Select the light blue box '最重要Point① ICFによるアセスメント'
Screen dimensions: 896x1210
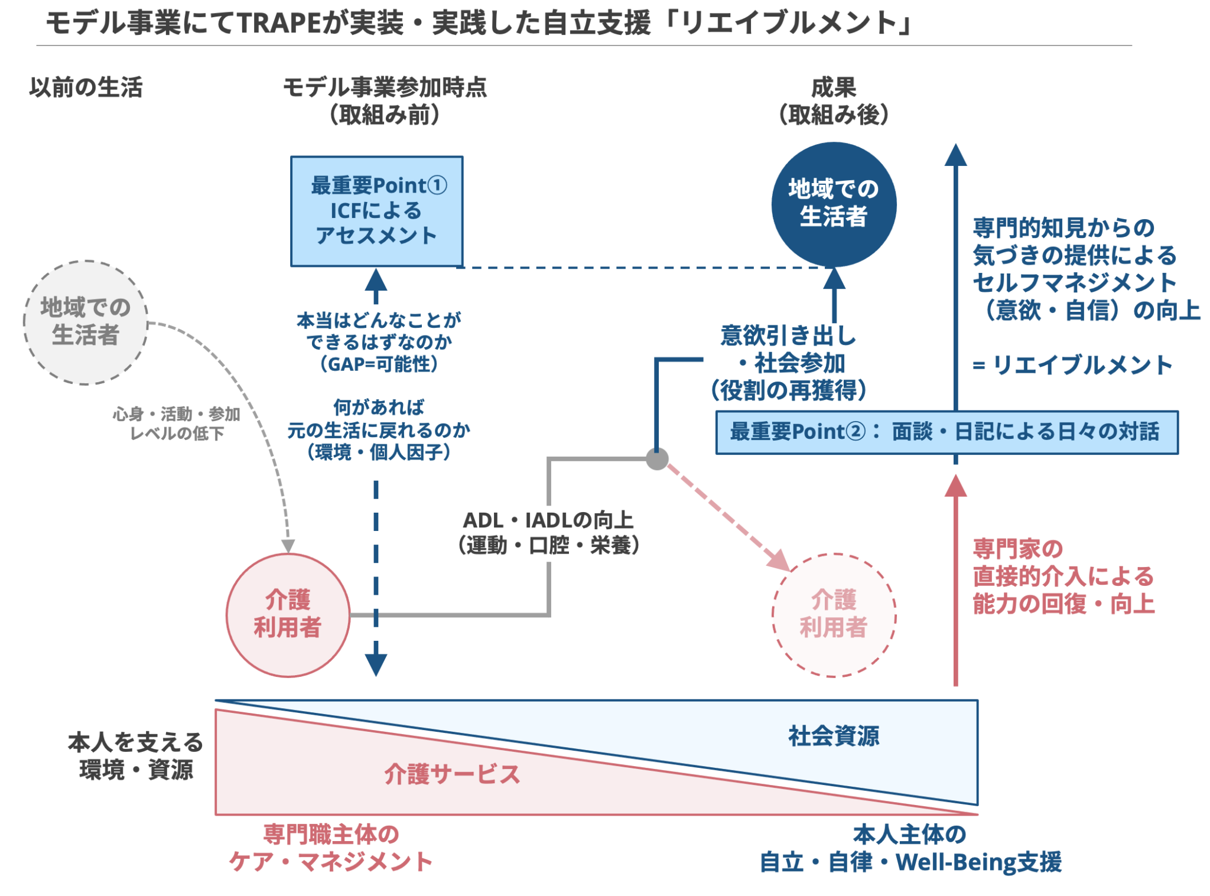click(x=376, y=211)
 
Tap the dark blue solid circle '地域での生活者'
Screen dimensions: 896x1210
click(x=833, y=204)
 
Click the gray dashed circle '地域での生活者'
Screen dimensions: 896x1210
click(x=86, y=322)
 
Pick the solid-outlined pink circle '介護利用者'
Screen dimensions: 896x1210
click(x=288, y=614)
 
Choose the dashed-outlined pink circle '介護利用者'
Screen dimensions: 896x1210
click(x=833, y=614)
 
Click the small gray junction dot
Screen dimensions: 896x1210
click(x=656, y=458)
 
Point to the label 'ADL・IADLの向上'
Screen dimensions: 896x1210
click(x=548, y=520)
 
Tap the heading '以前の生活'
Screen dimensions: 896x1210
click(x=86, y=87)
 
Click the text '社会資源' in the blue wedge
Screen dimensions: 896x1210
click(x=833, y=736)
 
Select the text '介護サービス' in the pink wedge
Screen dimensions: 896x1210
click(x=452, y=774)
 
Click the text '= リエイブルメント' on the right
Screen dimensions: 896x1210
click(x=1072, y=365)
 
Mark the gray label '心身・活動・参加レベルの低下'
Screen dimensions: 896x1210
click(x=176, y=423)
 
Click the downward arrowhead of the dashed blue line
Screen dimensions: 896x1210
click(x=376, y=664)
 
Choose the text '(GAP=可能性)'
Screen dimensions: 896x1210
click(x=378, y=364)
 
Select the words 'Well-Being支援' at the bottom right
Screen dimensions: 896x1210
click(x=978, y=862)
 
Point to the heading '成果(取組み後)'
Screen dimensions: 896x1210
click(x=833, y=100)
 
